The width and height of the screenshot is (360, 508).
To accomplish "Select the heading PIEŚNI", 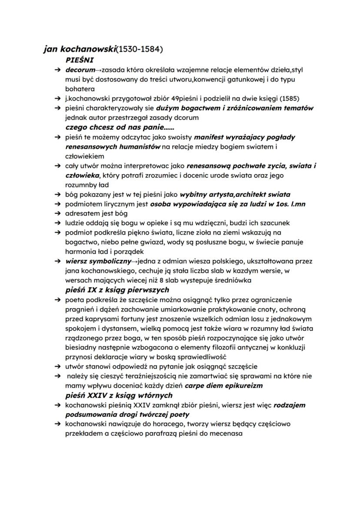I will (80, 60).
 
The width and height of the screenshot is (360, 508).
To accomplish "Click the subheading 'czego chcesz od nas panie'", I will (114, 127).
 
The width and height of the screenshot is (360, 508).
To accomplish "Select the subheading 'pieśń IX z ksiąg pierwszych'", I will (117, 290).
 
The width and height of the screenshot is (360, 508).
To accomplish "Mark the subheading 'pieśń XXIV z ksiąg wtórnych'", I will (119, 395).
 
